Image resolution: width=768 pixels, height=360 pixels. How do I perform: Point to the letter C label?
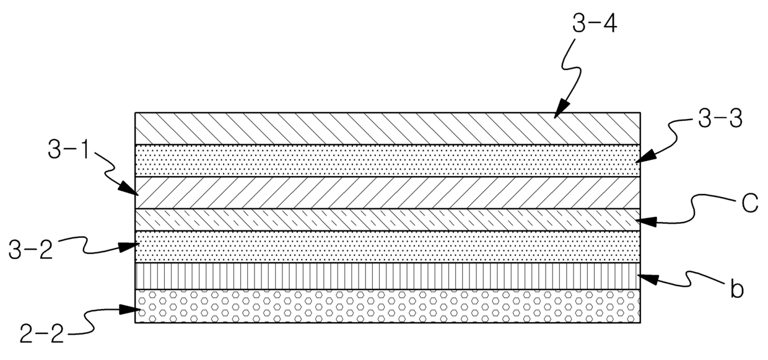[x=749, y=204]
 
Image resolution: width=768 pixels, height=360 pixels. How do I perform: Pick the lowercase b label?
[x=736, y=289]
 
